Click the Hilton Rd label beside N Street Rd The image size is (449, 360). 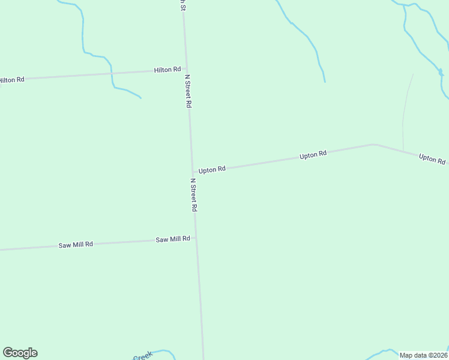167,70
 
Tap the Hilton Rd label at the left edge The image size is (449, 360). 11,79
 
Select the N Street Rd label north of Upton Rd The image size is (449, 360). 188,91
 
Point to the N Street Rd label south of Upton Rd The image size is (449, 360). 193,194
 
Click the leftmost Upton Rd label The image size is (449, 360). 212,170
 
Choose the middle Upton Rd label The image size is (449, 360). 313,155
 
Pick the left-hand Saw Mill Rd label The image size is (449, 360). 76,245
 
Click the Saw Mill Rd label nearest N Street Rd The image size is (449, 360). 173,239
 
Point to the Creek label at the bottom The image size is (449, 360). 142,356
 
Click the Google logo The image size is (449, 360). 20,353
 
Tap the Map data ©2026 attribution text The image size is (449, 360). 423,355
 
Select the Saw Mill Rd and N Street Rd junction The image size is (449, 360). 195,238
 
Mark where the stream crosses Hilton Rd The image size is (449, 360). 112,73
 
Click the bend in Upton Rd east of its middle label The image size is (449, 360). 373,145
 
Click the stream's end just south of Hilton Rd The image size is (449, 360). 140,98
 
